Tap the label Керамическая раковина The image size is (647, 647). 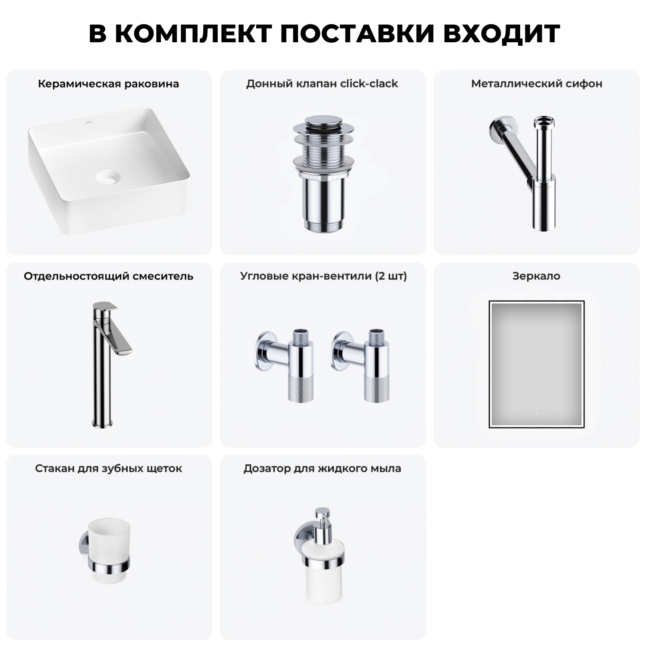108,84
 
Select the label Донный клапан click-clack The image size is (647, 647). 322,84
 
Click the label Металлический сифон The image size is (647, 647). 537,84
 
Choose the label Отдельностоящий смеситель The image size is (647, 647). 108,276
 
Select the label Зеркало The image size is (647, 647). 536,276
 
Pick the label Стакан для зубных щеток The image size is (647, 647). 108,468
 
